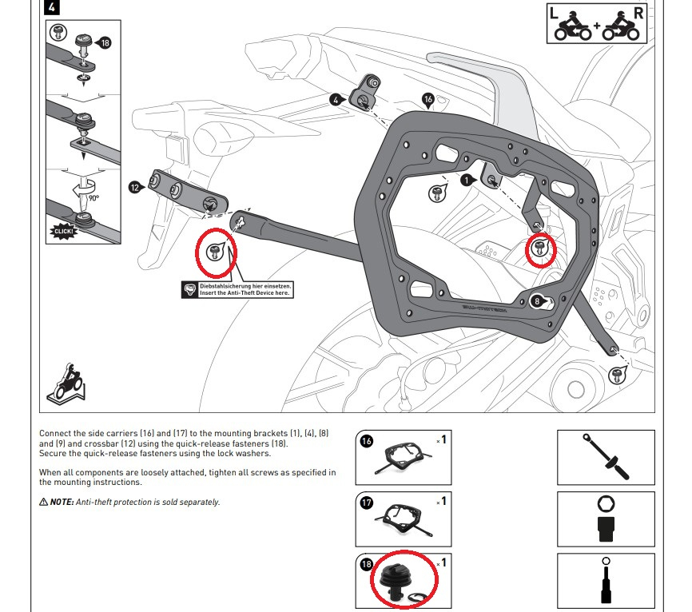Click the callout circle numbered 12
tap(135, 187)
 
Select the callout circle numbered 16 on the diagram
tap(428, 100)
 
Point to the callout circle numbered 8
tap(538, 300)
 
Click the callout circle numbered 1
tap(467, 181)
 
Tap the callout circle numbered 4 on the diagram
tap(336, 100)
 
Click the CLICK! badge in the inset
tap(62, 232)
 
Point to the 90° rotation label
tap(93, 197)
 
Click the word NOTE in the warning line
tap(62, 502)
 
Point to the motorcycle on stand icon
tap(65, 383)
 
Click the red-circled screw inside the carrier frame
tap(539, 250)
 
